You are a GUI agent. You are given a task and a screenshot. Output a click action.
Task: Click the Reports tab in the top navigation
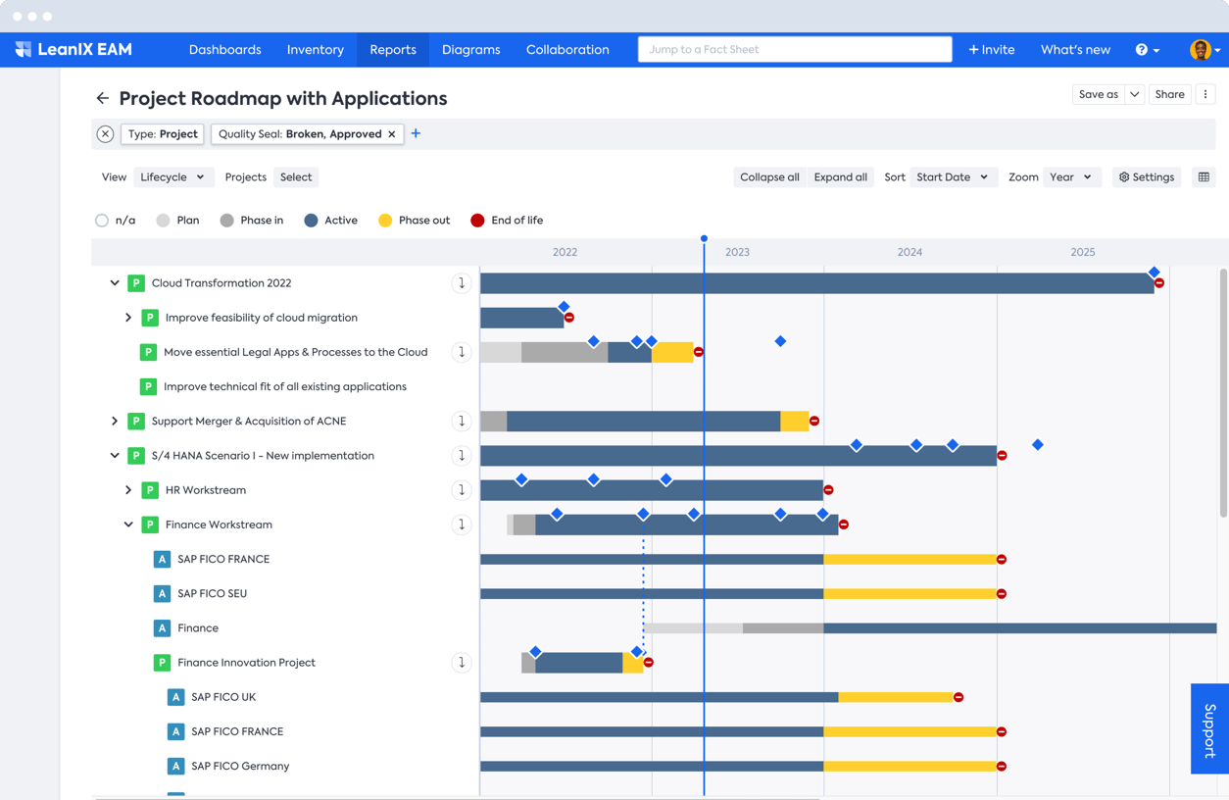point(392,50)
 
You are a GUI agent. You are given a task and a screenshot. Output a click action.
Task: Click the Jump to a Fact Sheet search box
point(794,50)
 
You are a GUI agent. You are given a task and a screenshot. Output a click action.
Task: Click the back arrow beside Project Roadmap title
point(103,98)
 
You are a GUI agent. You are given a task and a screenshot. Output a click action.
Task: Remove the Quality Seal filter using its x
point(392,134)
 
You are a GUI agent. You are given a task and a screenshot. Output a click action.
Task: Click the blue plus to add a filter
point(416,133)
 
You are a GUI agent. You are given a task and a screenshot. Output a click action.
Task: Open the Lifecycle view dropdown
point(172,177)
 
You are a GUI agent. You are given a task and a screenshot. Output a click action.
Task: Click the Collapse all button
point(769,177)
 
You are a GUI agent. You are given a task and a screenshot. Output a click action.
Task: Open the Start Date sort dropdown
point(952,177)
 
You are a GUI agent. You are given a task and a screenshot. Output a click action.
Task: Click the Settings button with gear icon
point(1146,177)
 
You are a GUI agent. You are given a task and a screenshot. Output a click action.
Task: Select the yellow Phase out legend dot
point(385,221)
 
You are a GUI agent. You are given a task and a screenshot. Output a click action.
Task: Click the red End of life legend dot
point(477,221)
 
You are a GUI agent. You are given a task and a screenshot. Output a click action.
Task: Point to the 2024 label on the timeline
point(909,252)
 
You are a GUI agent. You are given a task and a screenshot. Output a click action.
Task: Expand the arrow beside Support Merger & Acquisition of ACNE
point(115,422)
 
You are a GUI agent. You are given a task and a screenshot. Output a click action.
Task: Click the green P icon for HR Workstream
point(150,490)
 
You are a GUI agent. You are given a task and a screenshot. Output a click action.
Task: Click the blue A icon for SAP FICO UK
point(175,697)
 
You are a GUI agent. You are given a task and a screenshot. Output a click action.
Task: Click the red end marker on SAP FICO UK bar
point(959,697)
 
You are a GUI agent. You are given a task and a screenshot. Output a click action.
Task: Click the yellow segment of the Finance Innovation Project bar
point(632,664)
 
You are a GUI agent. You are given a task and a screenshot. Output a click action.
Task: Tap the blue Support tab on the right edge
point(1209,728)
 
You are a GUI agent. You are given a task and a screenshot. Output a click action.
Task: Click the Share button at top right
point(1169,95)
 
